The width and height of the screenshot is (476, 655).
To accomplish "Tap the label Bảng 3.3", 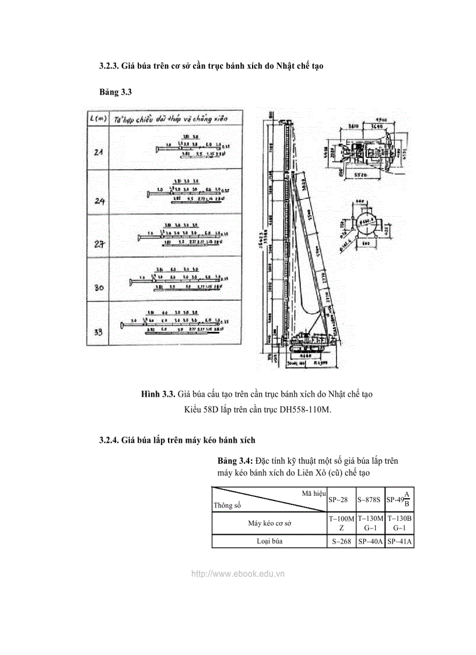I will pyautogui.click(x=113, y=93).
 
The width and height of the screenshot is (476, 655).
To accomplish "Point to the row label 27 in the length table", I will pyautogui.click(x=99, y=245).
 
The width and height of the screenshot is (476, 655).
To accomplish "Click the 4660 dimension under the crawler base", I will pyautogui.click(x=302, y=354).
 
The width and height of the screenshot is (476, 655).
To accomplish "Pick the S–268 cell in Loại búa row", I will pyautogui.click(x=341, y=541).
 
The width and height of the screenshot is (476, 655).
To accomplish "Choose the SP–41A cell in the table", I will pyautogui.click(x=400, y=541).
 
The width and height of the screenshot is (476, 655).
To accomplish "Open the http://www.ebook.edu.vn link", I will pyautogui.click(x=238, y=573).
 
